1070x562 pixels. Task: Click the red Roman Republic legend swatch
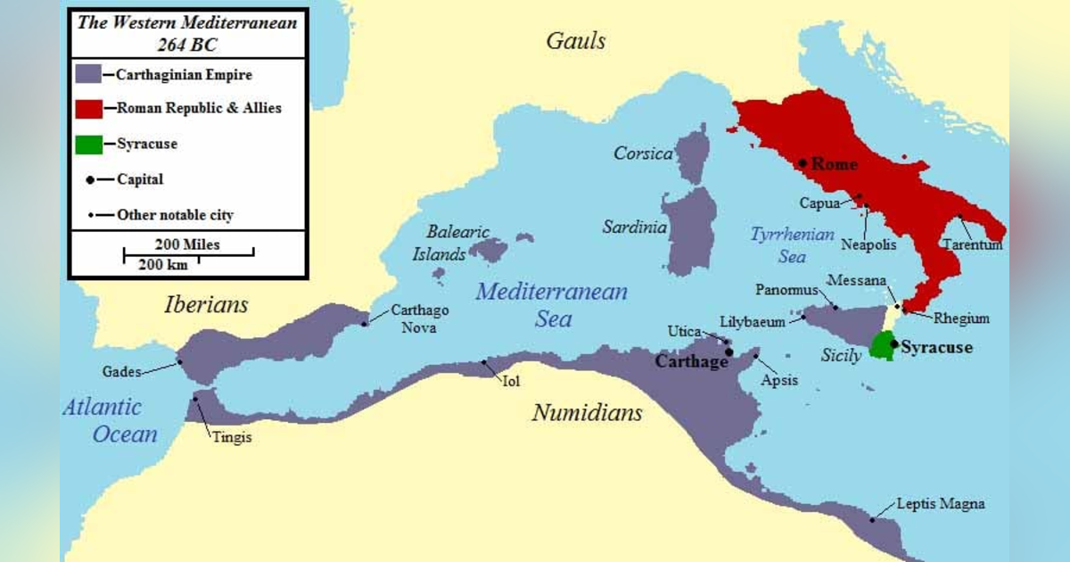point(89,108)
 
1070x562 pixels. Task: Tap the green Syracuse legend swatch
point(89,142)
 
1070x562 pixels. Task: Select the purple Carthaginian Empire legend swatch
point(89,74)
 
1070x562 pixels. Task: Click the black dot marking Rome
point(802,163)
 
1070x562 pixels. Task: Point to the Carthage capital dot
point(729,351)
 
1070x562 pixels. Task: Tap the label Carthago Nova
point(420,318)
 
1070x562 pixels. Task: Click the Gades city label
point(120,372)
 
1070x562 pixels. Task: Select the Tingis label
point(232,437)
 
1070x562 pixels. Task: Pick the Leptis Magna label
point(941,504)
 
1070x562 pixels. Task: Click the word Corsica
point(643,154)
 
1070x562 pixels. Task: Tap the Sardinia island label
point(634,227)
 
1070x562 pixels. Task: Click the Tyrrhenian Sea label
point(792,245)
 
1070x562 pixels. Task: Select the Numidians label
point(587,413)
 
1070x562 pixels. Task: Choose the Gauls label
point(575,41)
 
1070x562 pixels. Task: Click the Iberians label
point(206,305)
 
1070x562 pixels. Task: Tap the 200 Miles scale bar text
point(187,244)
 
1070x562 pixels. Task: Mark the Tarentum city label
point(973,244)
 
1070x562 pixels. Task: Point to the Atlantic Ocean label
point(109,421)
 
